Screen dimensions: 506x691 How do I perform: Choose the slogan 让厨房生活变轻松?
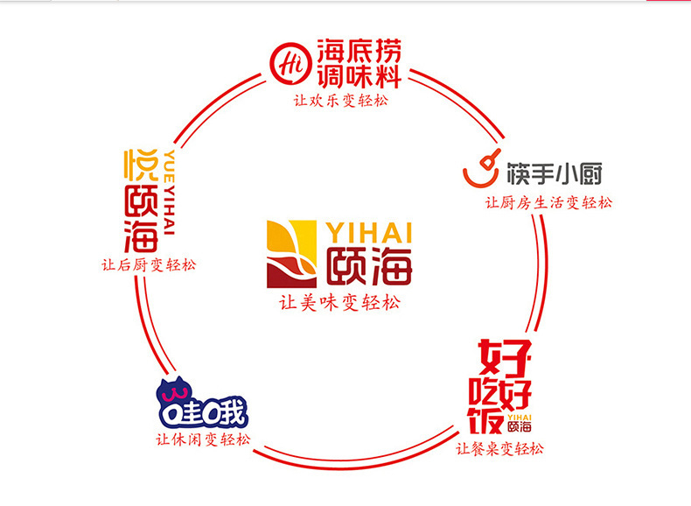point(549,203)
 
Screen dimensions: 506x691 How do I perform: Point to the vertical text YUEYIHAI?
point(170,193)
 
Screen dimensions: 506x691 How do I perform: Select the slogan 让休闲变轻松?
point(202,439)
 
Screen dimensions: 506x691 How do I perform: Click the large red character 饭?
point(486,418)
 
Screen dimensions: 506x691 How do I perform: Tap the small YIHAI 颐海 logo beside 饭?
point(520,422)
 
